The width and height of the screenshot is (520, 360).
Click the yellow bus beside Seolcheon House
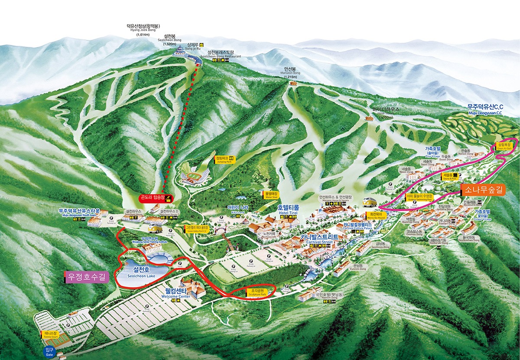click(153, 228)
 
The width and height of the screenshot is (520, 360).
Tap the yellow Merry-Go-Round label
click(375, 215)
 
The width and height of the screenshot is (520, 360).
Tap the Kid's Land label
click(238, 209)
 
